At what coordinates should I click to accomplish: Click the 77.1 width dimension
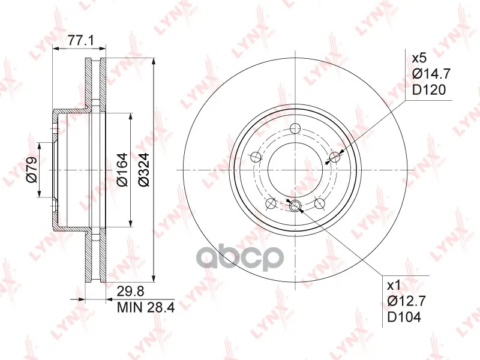coord(80,40)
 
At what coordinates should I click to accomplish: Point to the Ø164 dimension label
coord(122,170)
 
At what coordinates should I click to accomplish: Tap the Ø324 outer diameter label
coord(143,170)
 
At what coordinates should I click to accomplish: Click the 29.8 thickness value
coord(130,291)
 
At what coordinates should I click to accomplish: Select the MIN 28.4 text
coord(146,307)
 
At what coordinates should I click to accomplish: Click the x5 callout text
coord(419,58)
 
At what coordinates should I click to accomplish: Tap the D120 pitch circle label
coord(428,90)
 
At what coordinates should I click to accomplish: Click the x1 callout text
coord(394,286)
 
